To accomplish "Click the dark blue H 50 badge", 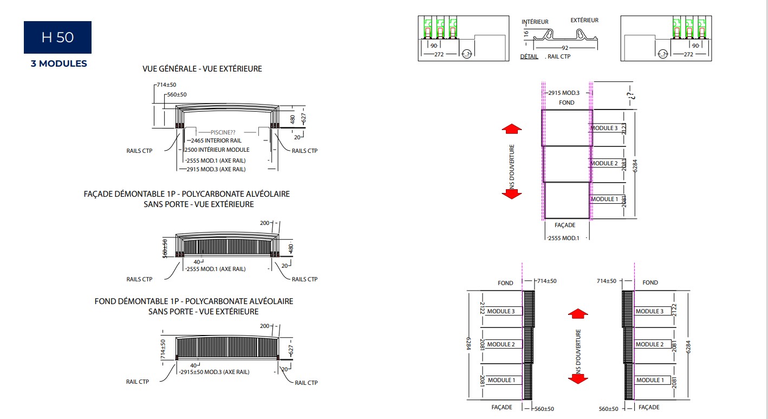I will point(57,37).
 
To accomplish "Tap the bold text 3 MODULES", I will point(58,63).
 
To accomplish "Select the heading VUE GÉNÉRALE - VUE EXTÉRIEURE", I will point(202,69).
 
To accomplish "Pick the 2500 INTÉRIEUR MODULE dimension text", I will point(218,150).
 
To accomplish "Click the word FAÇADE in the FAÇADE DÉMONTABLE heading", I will point(99,194).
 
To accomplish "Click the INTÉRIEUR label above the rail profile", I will point(535,22).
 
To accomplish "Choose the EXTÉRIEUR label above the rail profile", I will point(584,20).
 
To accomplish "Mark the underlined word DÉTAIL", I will point(529,56).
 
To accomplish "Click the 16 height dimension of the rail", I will point(526,34).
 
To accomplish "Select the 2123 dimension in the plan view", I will point(624,128).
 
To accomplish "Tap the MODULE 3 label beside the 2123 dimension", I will point(603,128).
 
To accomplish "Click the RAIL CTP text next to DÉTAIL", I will point(559,56).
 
